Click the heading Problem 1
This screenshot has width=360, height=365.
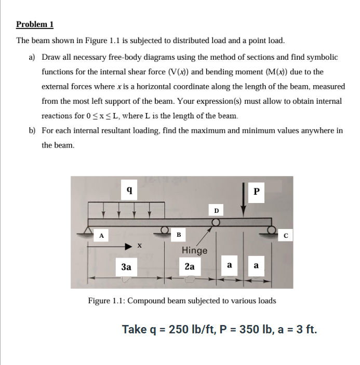(35, 24)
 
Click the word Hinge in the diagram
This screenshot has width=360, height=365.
(194, 250)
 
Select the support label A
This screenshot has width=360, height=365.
(102, 235)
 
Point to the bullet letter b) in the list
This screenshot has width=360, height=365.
(32, 131)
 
